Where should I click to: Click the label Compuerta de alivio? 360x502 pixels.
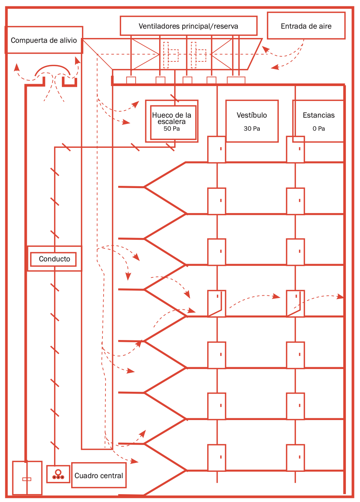(44, 40)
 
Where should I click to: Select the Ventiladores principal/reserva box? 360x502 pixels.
(188, 26)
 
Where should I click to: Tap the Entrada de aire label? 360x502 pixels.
(306, 26)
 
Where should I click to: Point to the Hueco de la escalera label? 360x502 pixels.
(172, 118)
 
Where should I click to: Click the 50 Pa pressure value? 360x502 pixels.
(172, 128)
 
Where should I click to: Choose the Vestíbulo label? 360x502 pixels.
(252, 115)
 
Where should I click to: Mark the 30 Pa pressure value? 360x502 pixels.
(252, 128)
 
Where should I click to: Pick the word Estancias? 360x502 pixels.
(319, 115)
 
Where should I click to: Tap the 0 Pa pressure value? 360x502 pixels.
(319, 128)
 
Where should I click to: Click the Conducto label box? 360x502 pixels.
(54, 259)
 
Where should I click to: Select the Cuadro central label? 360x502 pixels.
(99, 476)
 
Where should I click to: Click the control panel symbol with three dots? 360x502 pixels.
(58, 474)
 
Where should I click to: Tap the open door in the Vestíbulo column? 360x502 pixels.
(217, 304)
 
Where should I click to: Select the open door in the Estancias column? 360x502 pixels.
(295, 304)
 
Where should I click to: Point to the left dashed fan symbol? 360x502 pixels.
(170, 55)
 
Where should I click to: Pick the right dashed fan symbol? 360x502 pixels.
(198, 55)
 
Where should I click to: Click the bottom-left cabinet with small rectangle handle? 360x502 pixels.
(27, 478)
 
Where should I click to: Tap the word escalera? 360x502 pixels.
(171, 121)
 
